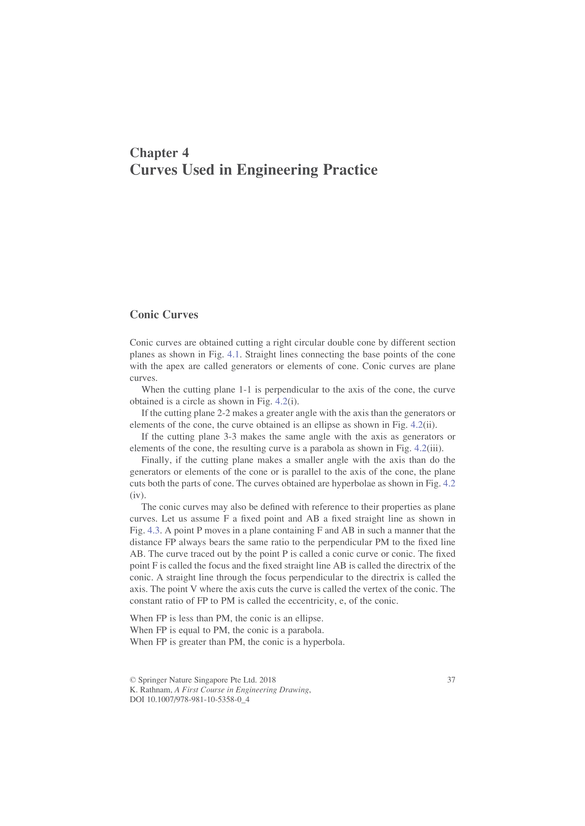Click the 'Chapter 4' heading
[159, 153]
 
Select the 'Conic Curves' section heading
[164, 315]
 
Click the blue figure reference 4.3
[154, 531]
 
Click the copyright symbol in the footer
[133, 680]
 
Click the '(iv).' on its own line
[138, 495]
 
